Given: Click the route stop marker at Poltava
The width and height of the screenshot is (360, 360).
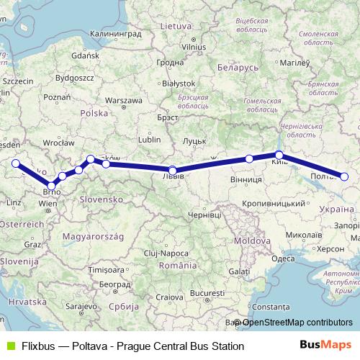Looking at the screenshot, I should (344, 176).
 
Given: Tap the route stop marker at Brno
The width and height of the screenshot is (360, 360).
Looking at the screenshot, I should (50, 186).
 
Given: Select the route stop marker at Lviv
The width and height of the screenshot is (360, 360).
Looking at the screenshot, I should (172, 171).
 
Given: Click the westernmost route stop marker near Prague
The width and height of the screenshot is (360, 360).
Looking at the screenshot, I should (16, 163).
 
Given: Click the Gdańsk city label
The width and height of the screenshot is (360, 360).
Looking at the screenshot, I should (85, 55).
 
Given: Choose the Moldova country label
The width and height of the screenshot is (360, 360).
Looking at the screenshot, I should (251, 239).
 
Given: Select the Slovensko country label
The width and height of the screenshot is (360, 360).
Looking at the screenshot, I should (102, 198).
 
